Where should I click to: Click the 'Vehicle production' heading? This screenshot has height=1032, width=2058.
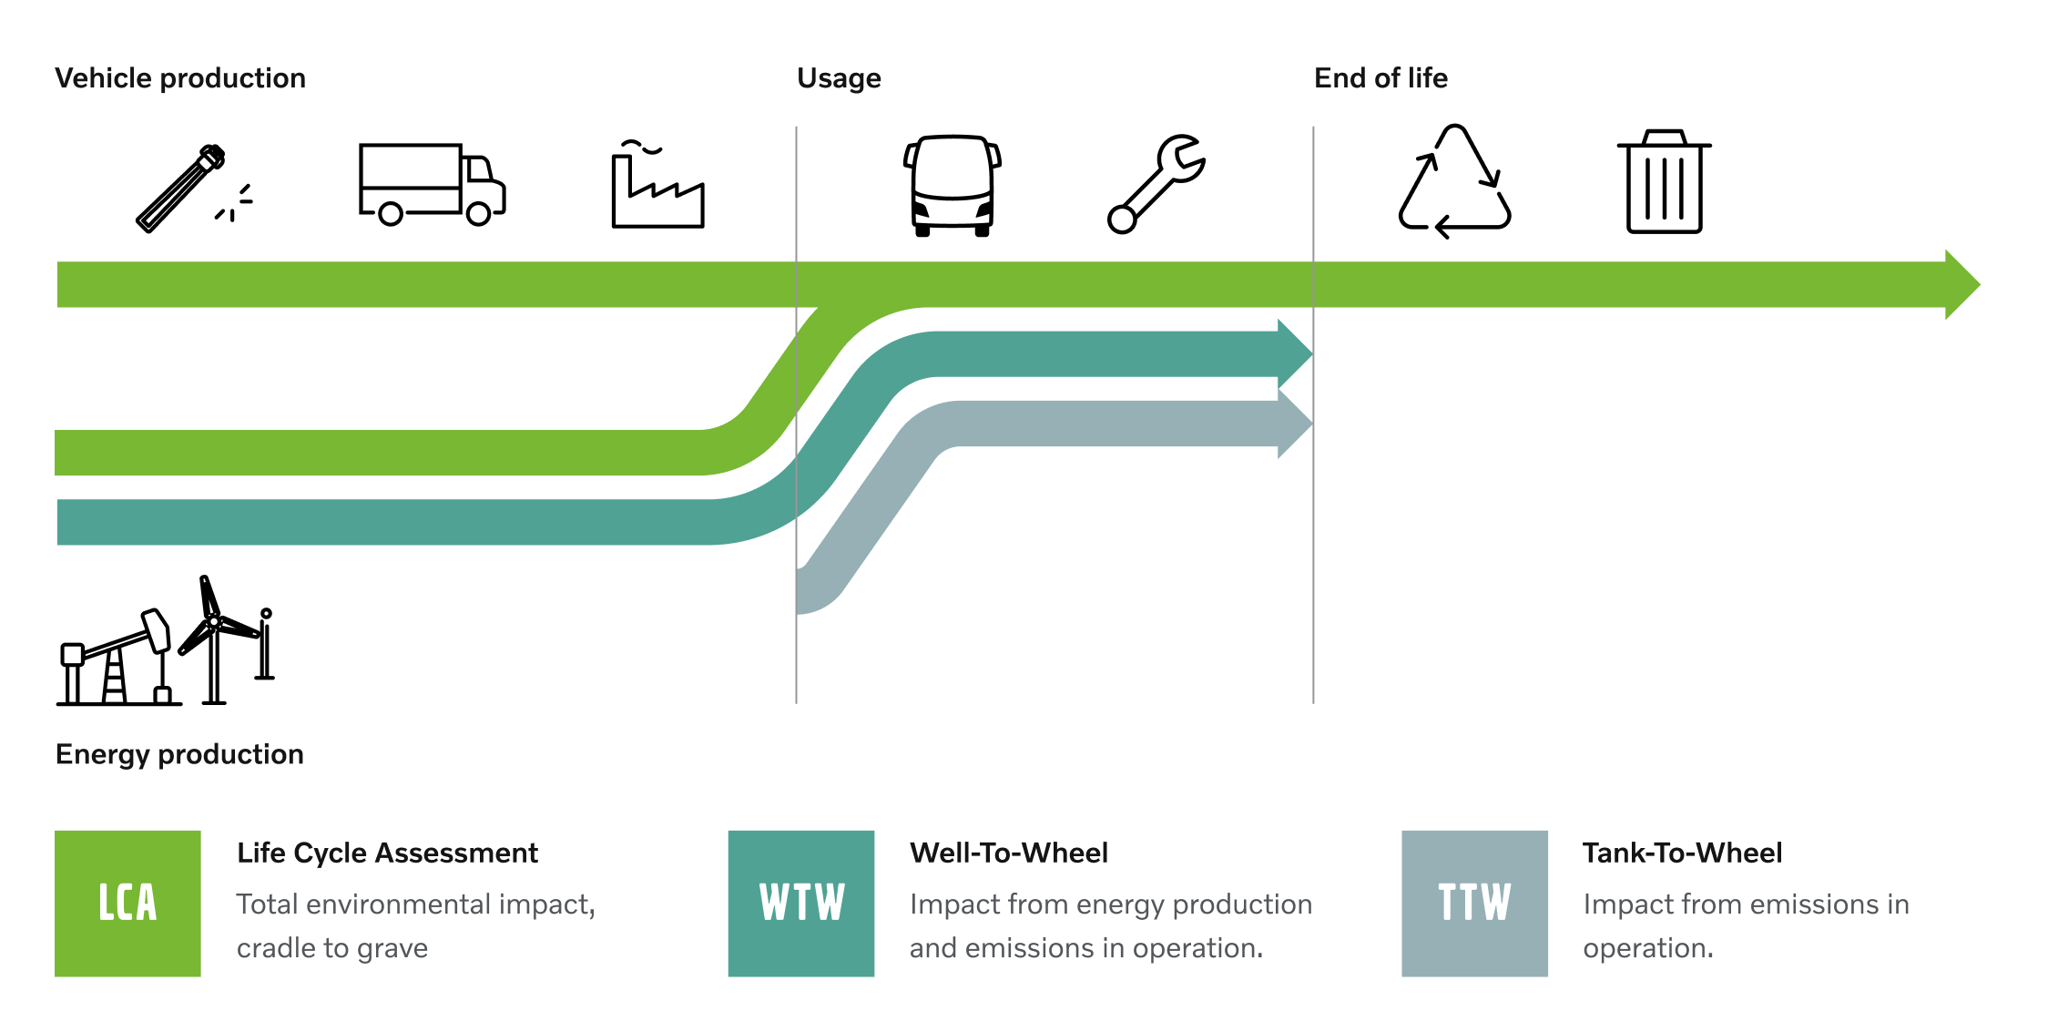[x=180, y=78]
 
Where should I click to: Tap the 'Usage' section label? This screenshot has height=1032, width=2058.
[x=839, y=79]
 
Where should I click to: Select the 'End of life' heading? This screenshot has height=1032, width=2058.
[x=1380, y=78]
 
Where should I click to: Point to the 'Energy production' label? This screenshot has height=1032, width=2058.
[x=179, y=755]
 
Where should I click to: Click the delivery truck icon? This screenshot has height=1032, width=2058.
[x=433, y=184]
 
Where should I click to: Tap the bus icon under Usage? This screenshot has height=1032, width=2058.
[x=953, y=186]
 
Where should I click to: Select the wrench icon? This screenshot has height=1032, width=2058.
[x=1156, y=184]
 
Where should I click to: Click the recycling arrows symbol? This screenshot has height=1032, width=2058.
[x=1454, y=182]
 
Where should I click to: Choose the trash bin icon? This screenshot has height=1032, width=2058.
[x=1665, y=181]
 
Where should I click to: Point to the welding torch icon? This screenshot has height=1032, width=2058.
[x=194, y=189]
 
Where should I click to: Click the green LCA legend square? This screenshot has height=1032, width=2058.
[x=127, y=904]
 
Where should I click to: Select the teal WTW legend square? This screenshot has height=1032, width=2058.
[x=801, y=904]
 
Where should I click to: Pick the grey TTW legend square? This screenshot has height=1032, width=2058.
[x=1474, y=904]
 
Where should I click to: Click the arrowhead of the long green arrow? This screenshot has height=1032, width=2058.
[x=1962, y=284]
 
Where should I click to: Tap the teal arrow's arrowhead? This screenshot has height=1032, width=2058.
[x=1295, y=353]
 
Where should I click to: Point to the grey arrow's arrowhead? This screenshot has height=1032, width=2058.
[x=1295, y=424]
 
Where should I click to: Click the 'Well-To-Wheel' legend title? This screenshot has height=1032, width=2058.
[x=1009, y=853]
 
